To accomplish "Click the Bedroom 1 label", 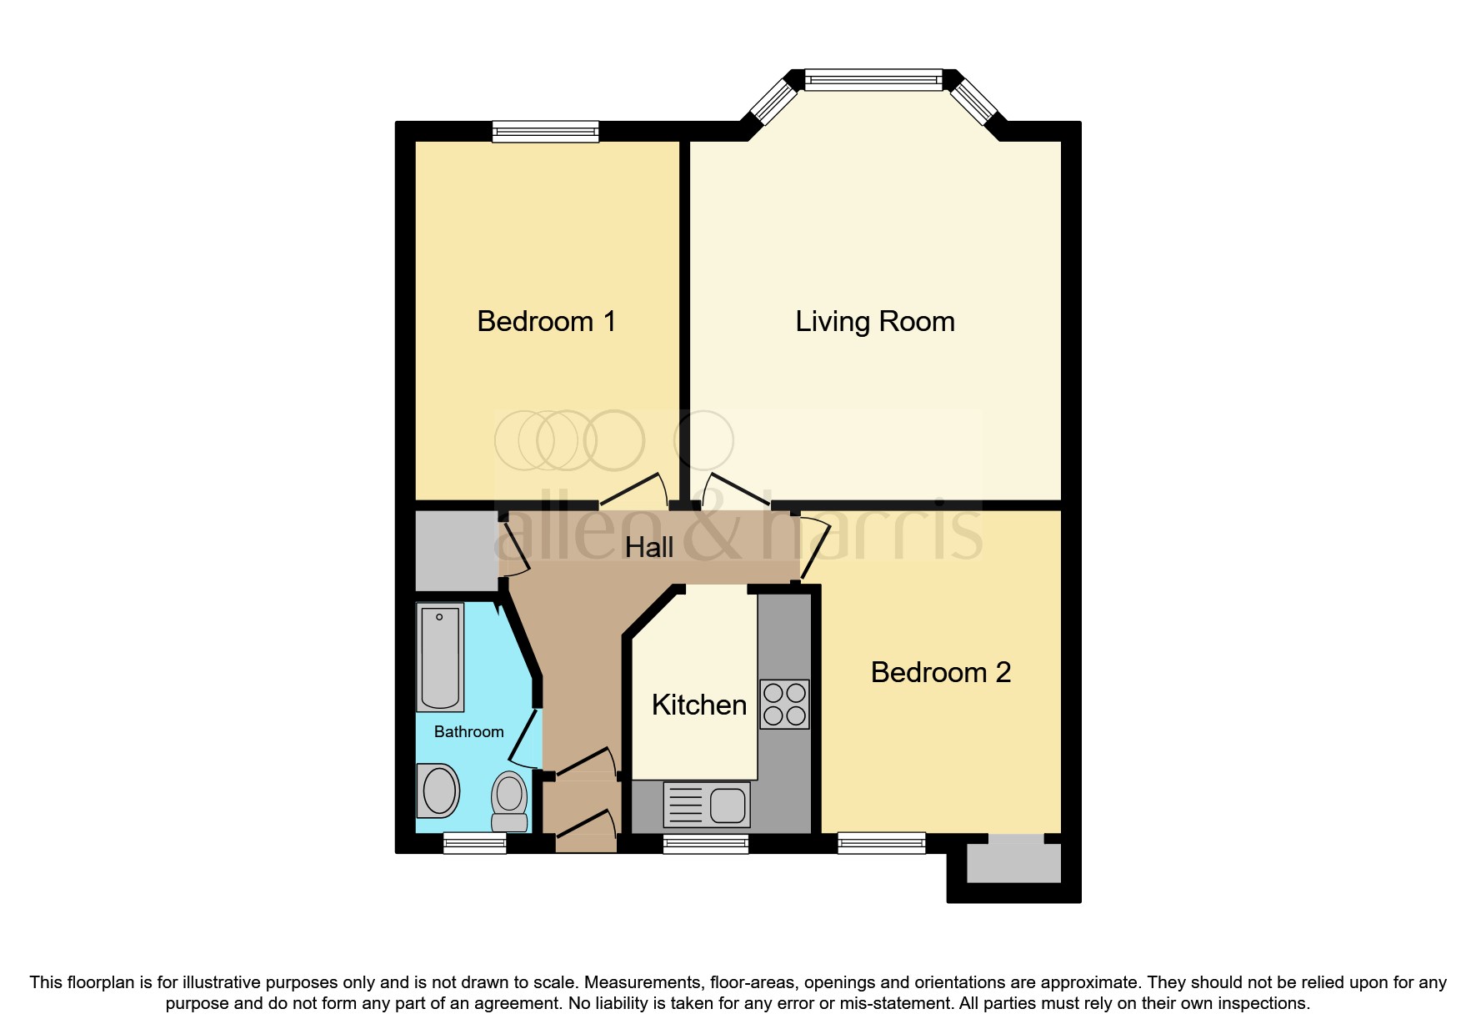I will [546, 322].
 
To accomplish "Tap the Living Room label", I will [874, 322].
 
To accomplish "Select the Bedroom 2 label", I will [940, 673].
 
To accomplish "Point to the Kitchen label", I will [698, 705].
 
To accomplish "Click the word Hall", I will [648, 548].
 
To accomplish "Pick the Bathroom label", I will [468, 732].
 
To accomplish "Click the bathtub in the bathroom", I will [440, 657].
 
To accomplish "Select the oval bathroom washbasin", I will [438, 791].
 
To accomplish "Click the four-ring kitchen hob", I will [784, 704].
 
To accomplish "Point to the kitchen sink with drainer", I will [707, 805].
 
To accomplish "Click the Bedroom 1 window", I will [545, 131].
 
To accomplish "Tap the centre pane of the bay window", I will [873, 80].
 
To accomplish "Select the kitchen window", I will [706, 844].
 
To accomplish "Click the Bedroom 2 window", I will [881, 843].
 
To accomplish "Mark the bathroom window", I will [474, 844].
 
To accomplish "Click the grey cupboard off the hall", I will [455, 551].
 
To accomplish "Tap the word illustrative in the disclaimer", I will [221, 982].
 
